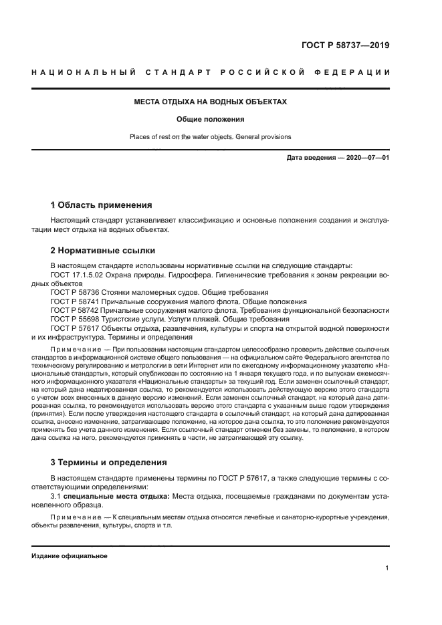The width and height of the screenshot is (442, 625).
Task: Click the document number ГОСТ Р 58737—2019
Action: (x=344, y=45)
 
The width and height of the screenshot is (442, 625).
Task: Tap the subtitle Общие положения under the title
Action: (x=211, y=120)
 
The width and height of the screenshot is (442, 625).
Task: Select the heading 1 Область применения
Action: (x=102, y=204)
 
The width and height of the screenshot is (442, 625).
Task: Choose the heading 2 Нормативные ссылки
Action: (x=103, y=251)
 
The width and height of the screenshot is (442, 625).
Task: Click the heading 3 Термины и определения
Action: (x=110, y=462)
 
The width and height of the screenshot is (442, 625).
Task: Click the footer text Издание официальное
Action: (x=69, y=555)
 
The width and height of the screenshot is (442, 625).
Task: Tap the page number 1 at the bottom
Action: (x=387, y=568)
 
